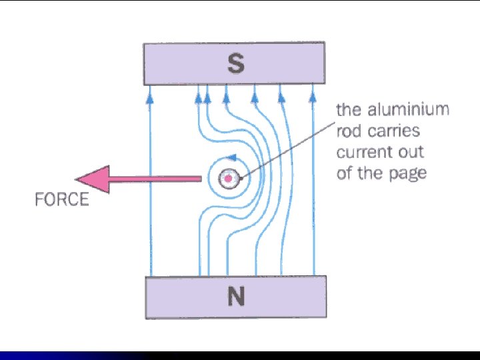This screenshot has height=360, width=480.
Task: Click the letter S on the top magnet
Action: coord(235,65)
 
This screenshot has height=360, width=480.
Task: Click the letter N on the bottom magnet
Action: coord(235,297)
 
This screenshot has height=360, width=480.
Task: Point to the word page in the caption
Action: coord(407,173)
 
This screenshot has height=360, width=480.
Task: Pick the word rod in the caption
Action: coord(349,131)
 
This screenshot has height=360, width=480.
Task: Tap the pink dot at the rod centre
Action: coord(229,179)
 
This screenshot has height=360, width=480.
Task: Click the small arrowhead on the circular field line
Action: coord(231,158)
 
